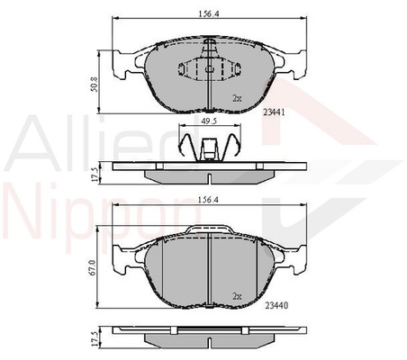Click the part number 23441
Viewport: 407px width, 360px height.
274,112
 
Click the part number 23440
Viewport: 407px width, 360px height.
276,305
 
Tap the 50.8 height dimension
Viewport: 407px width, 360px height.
94,85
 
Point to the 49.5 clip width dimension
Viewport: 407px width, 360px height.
209,121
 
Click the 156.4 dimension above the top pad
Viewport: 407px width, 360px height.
208,13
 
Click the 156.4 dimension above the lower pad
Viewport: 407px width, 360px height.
208,200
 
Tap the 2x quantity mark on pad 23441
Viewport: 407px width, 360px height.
237,98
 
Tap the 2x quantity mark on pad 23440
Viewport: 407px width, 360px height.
237,296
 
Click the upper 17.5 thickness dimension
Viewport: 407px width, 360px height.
95,175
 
